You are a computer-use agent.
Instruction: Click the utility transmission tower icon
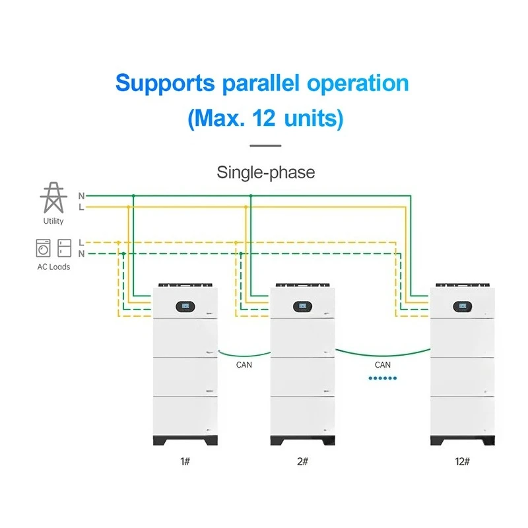click(53, 197)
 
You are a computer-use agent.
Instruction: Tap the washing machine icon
click(43, 248)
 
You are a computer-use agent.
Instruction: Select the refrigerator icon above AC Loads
click(64, 248)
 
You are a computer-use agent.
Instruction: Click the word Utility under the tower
click(53, 221)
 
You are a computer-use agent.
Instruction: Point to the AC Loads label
click(53, 267)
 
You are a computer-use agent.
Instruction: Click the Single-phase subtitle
click(266, 173)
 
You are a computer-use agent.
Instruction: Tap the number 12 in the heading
click(263, 118)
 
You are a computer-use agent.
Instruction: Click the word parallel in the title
click(261, 84)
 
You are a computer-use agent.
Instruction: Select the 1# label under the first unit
click(185, 461)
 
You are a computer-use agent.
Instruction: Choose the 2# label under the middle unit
click(302, 461)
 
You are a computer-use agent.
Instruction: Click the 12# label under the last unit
click(463, 461)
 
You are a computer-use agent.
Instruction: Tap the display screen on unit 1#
click(185, 306)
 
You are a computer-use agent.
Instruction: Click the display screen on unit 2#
click(302, 306)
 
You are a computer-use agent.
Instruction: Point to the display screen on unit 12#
click(463, 306)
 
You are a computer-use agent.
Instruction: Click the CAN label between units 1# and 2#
click(244, 365)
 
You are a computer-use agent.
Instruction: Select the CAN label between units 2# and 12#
click(383, 365)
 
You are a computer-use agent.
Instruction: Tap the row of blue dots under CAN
click(383, 378)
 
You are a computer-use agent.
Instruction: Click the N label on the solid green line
click(81, 196)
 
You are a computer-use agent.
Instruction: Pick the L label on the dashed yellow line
click(81, 242)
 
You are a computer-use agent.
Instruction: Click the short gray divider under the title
click(265, 146)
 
